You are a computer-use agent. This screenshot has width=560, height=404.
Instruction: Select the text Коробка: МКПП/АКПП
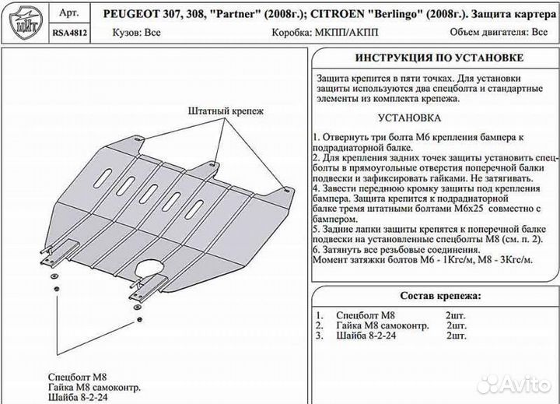pos(321,33)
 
